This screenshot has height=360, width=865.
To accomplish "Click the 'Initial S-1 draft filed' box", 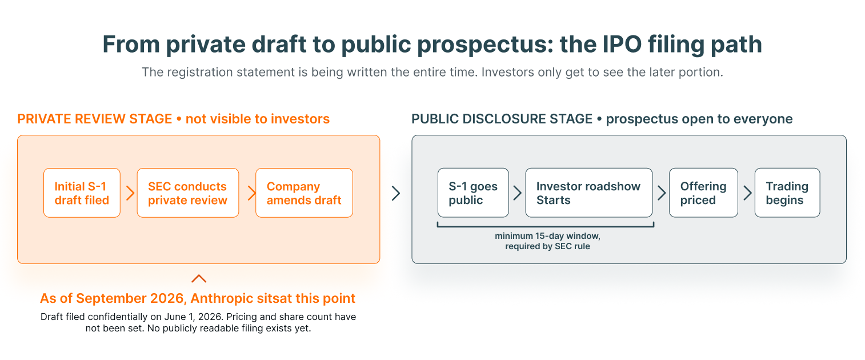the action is [82, 193].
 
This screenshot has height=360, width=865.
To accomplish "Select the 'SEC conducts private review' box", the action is [187, 193].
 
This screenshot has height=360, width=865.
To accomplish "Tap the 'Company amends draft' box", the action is [305, 193].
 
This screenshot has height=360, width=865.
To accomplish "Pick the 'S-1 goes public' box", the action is [473, 193].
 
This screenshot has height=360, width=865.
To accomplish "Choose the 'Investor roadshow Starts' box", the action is [589, 193].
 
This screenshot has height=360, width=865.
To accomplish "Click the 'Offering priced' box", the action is [703, 193].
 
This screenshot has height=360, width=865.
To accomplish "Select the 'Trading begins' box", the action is [787, 193].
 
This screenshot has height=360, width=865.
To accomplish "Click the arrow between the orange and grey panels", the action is [396, 193].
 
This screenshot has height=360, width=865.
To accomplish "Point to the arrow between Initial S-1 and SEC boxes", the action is [130, 193].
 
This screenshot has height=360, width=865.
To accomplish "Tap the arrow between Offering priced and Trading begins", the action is [748, 193].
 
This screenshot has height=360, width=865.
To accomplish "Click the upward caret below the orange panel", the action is [199, 278].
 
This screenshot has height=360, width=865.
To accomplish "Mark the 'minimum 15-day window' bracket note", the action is [547, 241].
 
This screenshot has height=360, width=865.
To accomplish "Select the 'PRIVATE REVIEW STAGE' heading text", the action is [95, 119].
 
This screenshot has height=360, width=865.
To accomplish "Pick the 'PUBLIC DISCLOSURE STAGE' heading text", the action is [502, 119].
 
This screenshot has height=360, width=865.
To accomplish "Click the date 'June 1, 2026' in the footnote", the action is [193, 317].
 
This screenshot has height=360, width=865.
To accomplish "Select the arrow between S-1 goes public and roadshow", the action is [517, 193].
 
